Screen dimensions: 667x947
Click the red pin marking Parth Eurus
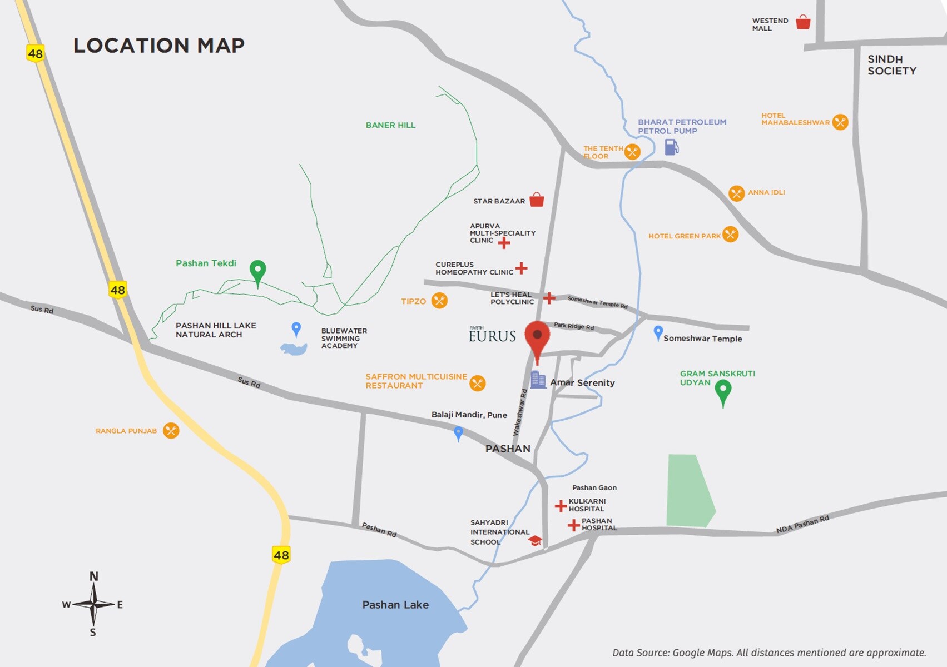[x=537, y=336]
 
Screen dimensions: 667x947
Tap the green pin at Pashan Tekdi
[x=257, y=271]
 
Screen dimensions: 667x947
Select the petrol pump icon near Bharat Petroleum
[x=672, y=147]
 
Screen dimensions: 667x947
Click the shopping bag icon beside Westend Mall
[x=803, y=22]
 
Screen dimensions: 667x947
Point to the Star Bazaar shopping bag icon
[x=537, y=200]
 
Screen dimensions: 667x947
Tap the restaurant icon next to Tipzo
[x=439, y=301]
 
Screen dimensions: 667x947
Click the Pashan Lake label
[x=395, y=605]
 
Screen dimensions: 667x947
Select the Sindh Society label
[x=892, y=65]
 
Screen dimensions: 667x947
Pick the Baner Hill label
[x=390, y=125]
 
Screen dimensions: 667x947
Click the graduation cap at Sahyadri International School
[x=535, y=541]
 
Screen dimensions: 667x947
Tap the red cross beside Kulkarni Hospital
[x=561, y=506]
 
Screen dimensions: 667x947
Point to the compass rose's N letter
[x=94, y=576]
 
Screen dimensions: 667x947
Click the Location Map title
[x=159, y=46]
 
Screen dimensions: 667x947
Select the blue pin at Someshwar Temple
[x=658, y=332]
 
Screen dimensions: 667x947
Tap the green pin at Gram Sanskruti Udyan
[x=723, y=392]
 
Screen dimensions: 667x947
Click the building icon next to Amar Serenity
[x=538, y=380]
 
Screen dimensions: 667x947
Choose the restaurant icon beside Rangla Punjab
[x=171, y=430]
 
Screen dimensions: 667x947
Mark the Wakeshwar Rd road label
[x=520, y=412]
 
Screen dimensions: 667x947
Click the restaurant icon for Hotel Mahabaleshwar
[x=840, y=122]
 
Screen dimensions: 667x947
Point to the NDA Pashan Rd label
[x=802, y=524]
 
